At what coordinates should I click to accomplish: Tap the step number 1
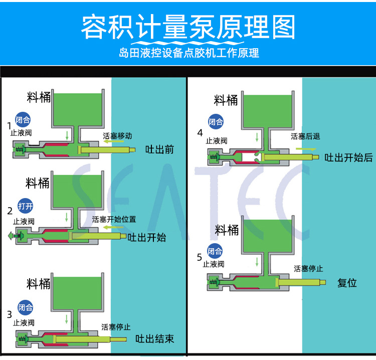pyautogui.click(x=9, y=125)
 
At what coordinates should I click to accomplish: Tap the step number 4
pyautogui.click(x=200, y=133)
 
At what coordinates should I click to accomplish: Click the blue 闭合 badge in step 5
pyautogui.click(x=215, y=252)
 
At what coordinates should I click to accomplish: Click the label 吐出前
pyautogui.click(x=159, y=149)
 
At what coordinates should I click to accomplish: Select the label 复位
pyautogui.click(x=347, y=283)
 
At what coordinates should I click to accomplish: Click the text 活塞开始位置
pyautogui.click(x=114, y=219)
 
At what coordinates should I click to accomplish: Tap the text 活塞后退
pyautogui.click(x=305, y=136)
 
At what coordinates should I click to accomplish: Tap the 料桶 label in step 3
pyautogui.click(x=39, y=284)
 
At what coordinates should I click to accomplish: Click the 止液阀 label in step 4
pyautogui.click(x=217, y=141)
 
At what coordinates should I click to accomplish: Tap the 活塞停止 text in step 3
pyautogui.click(x=116, y=327)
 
